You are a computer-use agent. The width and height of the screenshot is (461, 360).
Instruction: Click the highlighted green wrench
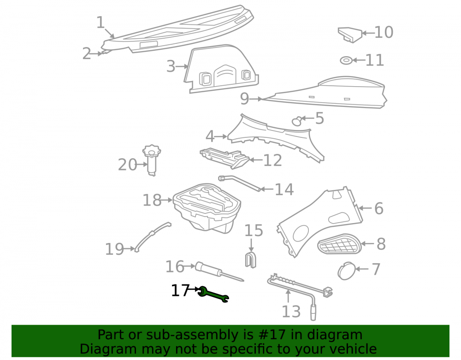pyautogui.click(x=213, y=295)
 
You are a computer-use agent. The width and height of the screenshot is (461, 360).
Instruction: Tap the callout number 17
pyautogui.click(x=180, y=290)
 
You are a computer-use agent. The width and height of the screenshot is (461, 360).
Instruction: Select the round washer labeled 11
pyautogui.click(x=346, y=60)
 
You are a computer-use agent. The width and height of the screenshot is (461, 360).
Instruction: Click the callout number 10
pyautogui.click(x=384, y=32)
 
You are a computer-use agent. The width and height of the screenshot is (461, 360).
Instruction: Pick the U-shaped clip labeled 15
pyautogui.click(x=250, y=259)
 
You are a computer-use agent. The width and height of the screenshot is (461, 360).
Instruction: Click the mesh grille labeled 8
pyautogui.click(x=339, y=244)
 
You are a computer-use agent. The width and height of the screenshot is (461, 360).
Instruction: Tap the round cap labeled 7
pyautogui.click(x=346, y=271)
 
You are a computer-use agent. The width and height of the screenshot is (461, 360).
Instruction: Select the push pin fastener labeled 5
pyautogui.click(x=296, y=121)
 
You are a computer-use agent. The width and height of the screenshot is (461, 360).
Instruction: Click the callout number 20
pyautogui.click(x=127, y=165)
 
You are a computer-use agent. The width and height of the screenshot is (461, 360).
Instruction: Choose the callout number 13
pyautogui.click(x=291, y=312)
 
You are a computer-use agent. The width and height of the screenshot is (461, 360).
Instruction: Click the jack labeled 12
pyautogui.click(x=225, y=158)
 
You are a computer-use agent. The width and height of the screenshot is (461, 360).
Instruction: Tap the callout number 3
pyautogui.click(x=171, y=66)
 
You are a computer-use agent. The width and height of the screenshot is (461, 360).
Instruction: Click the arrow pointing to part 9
pyautogui.click(x=256, y=99)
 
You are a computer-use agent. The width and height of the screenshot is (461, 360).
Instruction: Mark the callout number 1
pyautogui.click(x=100, y=23)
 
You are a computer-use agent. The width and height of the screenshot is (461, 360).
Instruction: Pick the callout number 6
pyautogui.click(x=379, y=209)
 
